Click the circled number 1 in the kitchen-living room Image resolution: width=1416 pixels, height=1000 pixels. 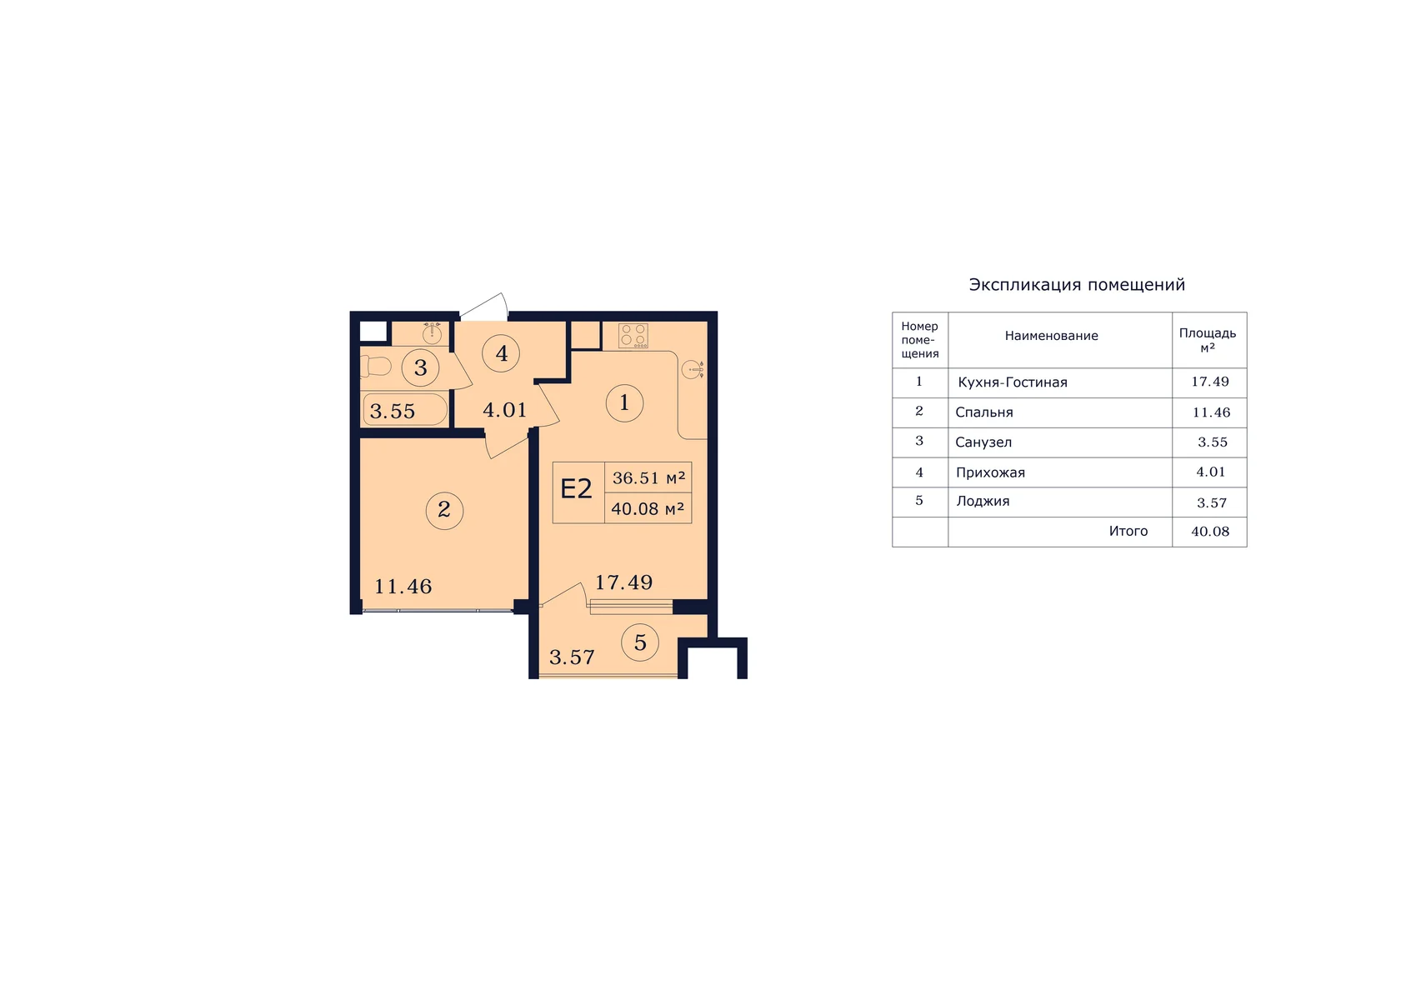(624, 403)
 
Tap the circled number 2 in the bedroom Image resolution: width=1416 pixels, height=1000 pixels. (444, 510)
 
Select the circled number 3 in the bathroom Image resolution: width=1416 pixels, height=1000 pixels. (420, 367)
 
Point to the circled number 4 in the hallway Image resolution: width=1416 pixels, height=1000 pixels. (501, 353)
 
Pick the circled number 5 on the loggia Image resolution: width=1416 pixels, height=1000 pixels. (640, 642)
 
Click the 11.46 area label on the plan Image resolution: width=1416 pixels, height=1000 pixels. (403, 587)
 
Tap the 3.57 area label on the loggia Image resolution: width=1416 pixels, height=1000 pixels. (572, 657)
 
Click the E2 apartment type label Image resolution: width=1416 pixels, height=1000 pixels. (577, 489)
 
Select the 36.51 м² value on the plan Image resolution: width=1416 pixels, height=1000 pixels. (648, 477)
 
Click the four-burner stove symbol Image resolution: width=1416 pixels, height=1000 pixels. (633, 336)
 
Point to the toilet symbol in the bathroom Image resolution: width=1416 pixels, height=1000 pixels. (376, 367)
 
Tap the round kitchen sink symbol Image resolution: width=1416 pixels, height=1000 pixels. (693, 369)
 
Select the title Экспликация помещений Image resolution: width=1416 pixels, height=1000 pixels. (1077, 285)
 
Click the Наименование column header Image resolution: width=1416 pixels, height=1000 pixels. (1051, 336)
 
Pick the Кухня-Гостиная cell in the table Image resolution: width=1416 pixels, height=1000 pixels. (1012, 382)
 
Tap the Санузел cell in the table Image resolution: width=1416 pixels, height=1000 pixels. (983, 442)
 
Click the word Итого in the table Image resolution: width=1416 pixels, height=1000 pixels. (1128, 531)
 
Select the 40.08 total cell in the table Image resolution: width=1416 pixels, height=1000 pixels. (1210, 532)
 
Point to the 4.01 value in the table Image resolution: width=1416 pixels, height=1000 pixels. (1210, 472)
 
